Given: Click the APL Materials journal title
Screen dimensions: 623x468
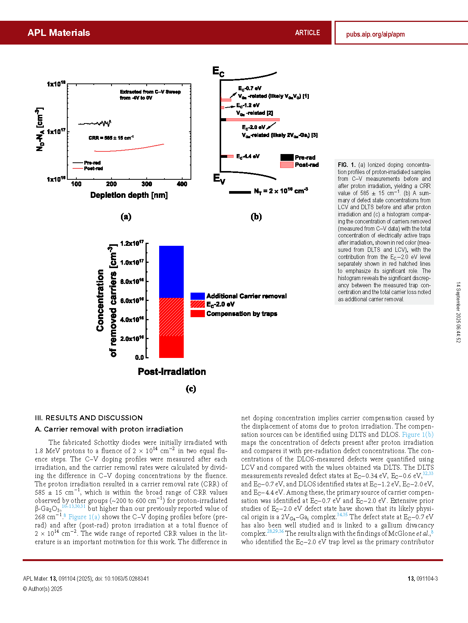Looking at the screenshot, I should [x=59, y=33].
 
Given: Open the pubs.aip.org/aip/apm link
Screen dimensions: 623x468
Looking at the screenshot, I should [x=375, y=34].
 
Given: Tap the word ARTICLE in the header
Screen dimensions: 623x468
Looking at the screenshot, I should [x=307, y=33].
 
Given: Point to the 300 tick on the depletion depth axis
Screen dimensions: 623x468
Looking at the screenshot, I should [x=147, y=184].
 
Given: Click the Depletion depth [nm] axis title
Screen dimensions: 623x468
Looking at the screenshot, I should [x=129, y=195].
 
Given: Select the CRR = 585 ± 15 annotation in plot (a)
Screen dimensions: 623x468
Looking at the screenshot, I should [x=111, y=138].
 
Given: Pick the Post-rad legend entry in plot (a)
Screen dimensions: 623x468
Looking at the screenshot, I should [x=93, y=168].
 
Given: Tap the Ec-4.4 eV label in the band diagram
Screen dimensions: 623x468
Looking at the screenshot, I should [x=248, y=156].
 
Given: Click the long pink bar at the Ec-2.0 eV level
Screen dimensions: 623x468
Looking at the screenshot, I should [x=253, y=120].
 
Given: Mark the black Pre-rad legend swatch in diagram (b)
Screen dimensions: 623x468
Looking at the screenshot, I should [x=287, y=157].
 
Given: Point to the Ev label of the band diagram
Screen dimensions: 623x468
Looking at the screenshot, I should [x=219, y=179].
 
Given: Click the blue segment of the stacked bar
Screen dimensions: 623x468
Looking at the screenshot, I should [x=171, y=272].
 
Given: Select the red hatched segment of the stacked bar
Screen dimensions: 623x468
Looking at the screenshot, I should [x=171, y=317].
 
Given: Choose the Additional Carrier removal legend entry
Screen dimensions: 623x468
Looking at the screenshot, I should [x=246, y=296].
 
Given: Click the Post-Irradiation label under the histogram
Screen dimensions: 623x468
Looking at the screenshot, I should [x=172, y=372].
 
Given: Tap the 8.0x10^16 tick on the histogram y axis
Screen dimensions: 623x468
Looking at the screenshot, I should [x=132, y=282].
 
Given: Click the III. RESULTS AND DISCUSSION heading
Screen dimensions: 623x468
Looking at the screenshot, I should [x=88, y=418].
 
